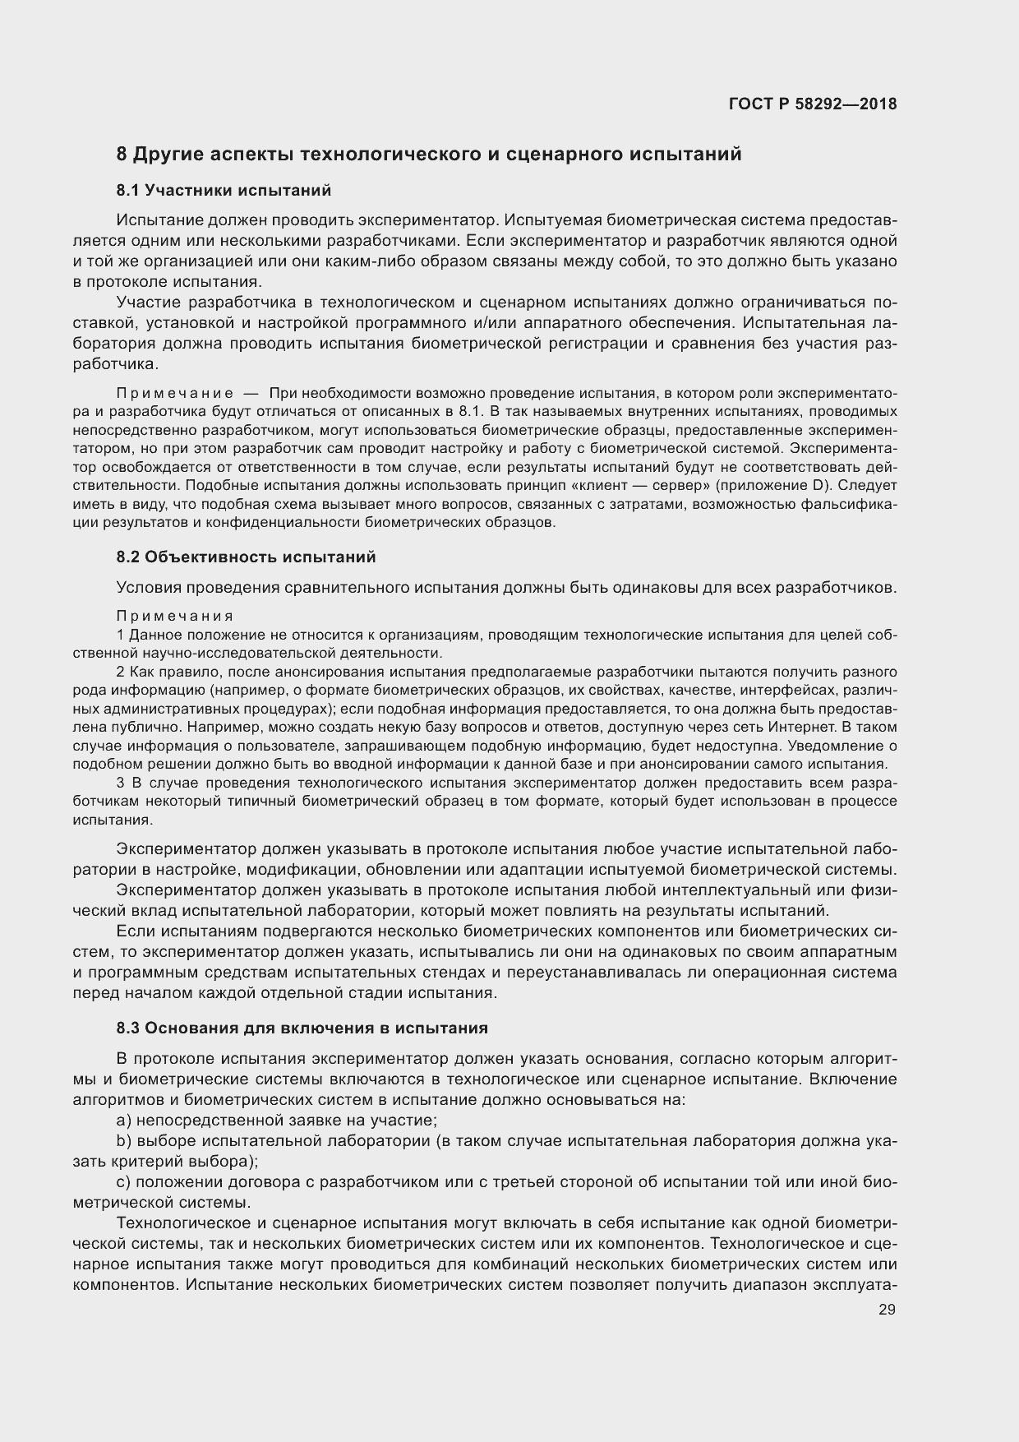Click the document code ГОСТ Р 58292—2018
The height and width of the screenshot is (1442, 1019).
[812, 104]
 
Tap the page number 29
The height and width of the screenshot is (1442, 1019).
[887, 1310]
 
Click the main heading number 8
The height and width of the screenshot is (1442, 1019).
[122, 154]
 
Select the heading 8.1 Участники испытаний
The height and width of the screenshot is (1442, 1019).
[224, 191]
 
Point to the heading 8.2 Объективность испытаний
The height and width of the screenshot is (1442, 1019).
[246, 557]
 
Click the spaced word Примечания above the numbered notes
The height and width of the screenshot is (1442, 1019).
[175, 616]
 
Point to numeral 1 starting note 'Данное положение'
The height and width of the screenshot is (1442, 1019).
[120, 635]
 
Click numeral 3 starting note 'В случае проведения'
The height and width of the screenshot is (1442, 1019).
[120, 781]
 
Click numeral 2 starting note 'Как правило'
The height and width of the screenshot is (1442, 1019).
[120, 672]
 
